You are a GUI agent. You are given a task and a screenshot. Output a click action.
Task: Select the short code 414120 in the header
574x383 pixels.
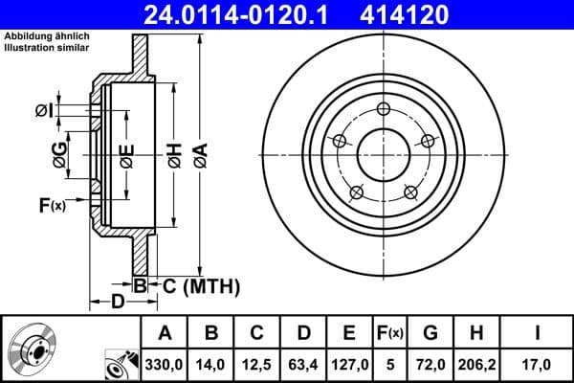430,14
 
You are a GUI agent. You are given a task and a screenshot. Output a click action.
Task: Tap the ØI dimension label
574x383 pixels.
44,111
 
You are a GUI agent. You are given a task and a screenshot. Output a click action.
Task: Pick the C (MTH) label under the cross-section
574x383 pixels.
196,285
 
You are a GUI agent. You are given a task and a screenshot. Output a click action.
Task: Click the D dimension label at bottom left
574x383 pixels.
116,303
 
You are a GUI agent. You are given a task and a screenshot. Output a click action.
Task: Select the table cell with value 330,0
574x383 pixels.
166,363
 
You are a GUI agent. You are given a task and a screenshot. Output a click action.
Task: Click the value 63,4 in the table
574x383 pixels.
303,363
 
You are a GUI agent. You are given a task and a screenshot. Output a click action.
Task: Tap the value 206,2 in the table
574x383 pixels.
476,363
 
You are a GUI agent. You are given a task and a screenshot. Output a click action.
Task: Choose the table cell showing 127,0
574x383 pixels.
349,363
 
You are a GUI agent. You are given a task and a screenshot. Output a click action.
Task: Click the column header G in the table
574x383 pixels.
430,333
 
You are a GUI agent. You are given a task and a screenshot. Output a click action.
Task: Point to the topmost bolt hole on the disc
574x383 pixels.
384,108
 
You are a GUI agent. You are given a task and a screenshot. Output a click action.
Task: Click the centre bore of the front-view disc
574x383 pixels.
384,153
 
